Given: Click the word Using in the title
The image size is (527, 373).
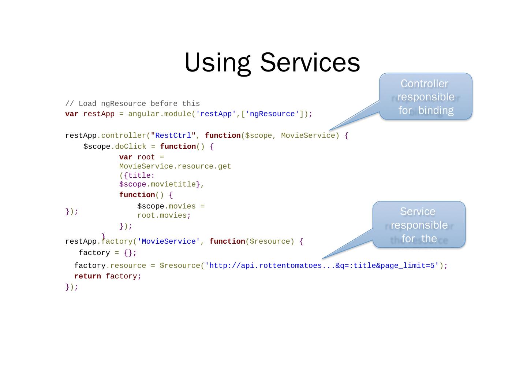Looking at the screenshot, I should click(x=217, y=63).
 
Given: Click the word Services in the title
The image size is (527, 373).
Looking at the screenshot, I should click(x=310, y=63).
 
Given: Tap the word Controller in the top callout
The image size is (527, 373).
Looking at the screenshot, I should click(x=424, y=84).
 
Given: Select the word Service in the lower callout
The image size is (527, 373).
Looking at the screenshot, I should click(x=418, y=212).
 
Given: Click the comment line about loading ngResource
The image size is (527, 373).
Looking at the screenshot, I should click(x=132, y=104).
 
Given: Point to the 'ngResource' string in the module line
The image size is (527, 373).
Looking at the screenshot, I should click(x=272, y=114).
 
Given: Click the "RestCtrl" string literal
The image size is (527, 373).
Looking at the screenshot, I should click(x=171, y=136).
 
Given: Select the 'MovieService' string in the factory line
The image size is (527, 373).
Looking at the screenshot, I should click(x=169, y=241).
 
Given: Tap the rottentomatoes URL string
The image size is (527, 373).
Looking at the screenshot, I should click(x=322, y=266).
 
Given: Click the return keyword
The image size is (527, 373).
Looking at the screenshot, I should click(x=87, y=276).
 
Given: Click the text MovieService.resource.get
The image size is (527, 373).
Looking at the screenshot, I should click(x=175, y=166).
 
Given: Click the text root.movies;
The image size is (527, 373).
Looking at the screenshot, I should click(x=164, y=215).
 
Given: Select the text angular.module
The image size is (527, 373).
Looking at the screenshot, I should click(x=160, y=114).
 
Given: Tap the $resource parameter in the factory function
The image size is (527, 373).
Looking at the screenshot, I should click(x=272, y=241).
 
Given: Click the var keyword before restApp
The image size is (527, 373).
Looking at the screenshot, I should click(x=72, y=114).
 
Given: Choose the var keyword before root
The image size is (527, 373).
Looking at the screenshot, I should click(x=126, y=157).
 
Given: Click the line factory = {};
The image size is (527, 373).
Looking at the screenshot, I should click(x=108, y=253).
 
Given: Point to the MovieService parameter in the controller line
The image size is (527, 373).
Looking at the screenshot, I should click(x=308, y=136).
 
